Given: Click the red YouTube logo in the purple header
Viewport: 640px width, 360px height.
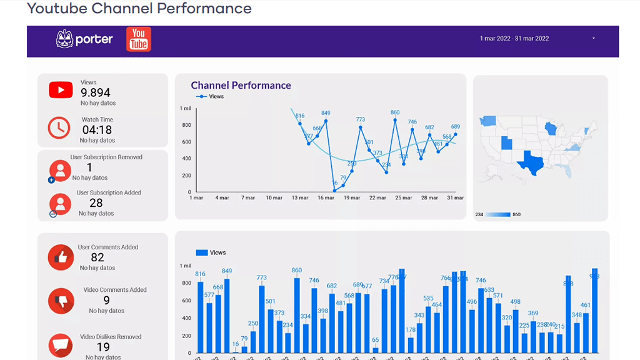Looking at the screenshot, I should tap(138, 39).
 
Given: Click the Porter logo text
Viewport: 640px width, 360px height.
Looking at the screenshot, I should tap(94, 39).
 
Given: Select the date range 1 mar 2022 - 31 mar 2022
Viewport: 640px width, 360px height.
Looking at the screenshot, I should tap(514, 39).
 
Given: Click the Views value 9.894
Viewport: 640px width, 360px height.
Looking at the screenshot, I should tap(96, 92).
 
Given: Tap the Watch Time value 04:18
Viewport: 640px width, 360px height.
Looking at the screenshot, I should tap(97, 130).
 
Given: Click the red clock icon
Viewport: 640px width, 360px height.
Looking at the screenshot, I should tap(59, 127).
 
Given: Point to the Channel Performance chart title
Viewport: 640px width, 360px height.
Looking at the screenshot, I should tap(241, 86).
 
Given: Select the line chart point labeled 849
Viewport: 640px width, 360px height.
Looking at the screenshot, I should tap(326, 121).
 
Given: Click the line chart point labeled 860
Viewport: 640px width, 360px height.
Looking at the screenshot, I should tap(395, 119).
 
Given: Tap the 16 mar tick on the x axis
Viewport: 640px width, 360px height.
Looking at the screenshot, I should tap(325, 198).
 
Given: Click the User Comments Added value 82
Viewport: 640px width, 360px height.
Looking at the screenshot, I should tap(97, 257).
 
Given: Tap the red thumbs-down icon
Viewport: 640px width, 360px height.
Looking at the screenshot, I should tap(61, 301).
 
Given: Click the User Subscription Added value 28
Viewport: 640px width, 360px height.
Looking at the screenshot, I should tap(96, 203).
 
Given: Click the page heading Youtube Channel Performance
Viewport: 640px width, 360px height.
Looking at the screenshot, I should tap(139, 9).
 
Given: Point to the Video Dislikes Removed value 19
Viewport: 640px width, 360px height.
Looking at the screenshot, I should tap(103, 347).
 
